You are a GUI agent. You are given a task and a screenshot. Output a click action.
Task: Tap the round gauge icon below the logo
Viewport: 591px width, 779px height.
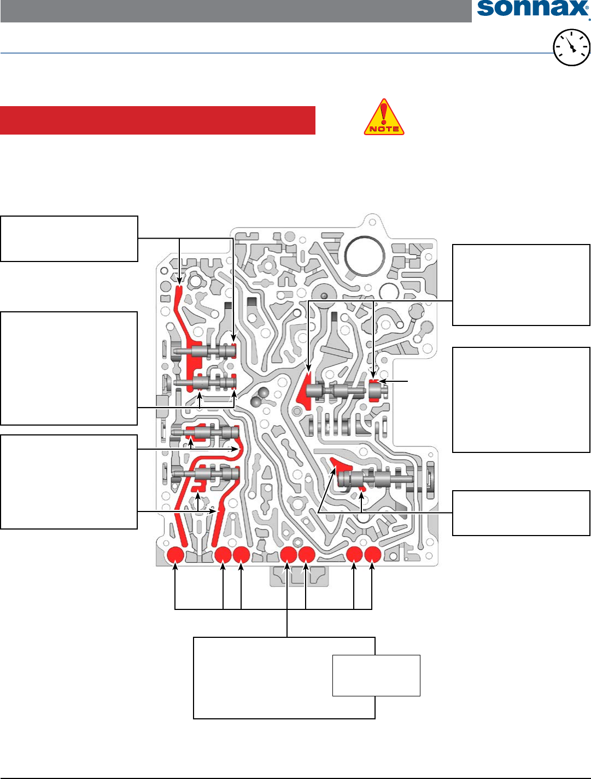coord(571,48)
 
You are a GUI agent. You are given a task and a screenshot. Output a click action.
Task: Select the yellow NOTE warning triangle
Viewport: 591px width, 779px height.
coord(384,118)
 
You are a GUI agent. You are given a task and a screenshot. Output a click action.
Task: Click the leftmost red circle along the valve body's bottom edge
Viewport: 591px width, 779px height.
coord(175,555)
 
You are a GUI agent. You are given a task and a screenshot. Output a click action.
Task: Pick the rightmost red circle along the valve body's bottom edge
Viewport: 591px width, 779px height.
coord(372,555)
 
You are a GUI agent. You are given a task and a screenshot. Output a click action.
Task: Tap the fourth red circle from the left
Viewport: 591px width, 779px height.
coord(288,555)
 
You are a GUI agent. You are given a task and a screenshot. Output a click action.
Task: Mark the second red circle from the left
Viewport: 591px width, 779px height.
coord(223,555)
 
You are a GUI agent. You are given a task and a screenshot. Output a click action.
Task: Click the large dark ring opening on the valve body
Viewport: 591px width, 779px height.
coord(365,255)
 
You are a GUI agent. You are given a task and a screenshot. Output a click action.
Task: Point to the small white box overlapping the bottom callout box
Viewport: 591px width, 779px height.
coord(376,675)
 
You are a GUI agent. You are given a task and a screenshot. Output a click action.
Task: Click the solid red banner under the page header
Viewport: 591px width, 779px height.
coord(157,120)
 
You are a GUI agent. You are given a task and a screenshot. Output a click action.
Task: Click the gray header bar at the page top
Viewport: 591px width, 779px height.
coord(236,11)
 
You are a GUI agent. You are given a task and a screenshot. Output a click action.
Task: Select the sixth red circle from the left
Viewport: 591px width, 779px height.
coord(354,555)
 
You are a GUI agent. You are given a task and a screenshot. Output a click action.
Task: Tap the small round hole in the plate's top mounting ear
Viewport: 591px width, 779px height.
coord(372,222)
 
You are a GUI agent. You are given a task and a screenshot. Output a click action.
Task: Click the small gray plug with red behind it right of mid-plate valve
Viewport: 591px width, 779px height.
coord(375,391)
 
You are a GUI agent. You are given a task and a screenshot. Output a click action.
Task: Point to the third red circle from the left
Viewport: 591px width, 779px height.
coord(241,555)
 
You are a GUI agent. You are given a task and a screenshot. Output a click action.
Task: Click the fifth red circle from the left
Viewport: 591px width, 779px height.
coord(306,555)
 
